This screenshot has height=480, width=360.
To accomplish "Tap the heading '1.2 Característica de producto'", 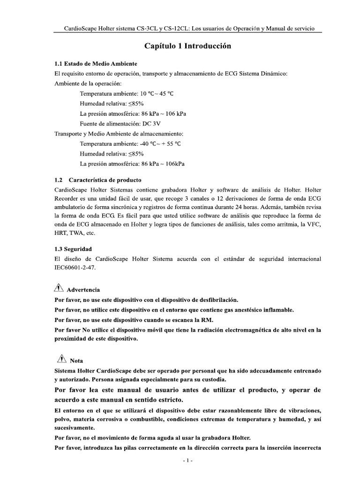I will click(x=98, y=180).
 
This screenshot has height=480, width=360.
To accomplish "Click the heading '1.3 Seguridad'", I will click(x=73, y=248).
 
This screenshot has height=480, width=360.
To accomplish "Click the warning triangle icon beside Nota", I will click(x=60, y=360).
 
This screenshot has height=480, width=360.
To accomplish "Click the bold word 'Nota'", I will click(x=76, y=361).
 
